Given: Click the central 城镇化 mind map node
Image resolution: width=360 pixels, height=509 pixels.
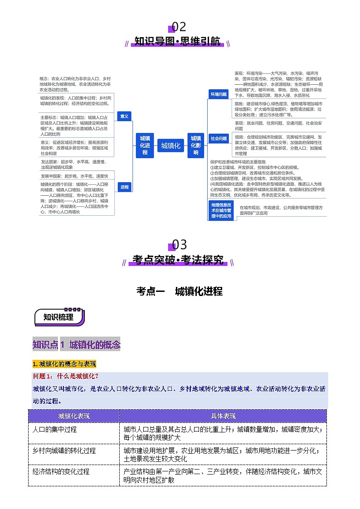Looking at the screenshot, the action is (171, 145).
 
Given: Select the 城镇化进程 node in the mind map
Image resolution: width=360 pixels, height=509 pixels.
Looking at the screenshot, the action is (145, 145).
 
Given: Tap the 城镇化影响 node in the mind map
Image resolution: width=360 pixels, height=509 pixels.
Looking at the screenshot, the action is (196, 145).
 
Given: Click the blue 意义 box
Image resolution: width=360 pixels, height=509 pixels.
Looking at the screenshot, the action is (124, 116).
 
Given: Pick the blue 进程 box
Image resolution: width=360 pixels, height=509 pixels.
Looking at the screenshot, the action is (124, 187).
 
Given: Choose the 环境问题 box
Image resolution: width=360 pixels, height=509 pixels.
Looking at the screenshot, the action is (218, 94).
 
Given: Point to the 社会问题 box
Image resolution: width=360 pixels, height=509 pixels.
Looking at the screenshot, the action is (219, 138).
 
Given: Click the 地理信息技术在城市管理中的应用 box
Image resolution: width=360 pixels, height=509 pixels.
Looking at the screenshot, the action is (221, 210).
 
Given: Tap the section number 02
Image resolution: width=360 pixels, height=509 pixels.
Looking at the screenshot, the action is (179, 27).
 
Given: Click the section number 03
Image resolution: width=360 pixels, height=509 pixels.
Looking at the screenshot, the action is (180, 245).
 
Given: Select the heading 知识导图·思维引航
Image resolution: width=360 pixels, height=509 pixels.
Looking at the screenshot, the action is (177, 42).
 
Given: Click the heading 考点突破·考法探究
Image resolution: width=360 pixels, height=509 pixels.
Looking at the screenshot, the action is (178, 260).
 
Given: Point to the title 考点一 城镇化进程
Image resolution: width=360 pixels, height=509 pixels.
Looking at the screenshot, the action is (180, 291).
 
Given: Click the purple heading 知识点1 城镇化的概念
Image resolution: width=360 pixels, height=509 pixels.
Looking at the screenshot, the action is (77, 345).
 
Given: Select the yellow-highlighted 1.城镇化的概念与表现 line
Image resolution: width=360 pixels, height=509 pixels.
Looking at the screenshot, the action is (64, 364).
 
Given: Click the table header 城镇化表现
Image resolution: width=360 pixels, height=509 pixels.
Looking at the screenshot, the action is (74, 416).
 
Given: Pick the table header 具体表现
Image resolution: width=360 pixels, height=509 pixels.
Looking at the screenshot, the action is (223, 416).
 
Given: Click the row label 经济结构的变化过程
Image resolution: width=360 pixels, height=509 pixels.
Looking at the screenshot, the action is (61, 472).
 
